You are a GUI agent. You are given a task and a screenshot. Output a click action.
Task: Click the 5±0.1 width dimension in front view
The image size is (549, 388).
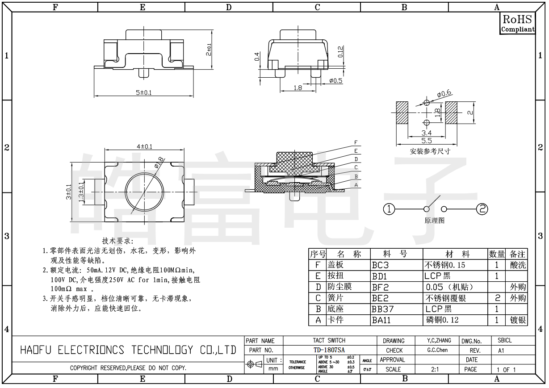[144, 92]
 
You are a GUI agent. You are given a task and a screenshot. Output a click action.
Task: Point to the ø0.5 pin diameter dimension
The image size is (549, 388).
[335, 81]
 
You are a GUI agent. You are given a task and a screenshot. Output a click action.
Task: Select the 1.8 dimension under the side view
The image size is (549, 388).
[298, 88]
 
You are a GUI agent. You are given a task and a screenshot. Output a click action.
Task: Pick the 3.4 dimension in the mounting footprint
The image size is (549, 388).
[427, 133]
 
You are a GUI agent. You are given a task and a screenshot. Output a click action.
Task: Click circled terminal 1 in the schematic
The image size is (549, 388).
[389, 209]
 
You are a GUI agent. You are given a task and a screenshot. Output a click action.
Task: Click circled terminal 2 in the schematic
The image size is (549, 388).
[482, 209]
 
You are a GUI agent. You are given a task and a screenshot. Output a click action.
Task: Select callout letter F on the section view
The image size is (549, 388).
[356, 142]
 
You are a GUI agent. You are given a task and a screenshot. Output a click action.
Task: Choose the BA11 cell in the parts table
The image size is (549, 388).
[381, 320]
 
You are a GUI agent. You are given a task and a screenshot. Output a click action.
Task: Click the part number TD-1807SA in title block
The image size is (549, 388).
[329, 350]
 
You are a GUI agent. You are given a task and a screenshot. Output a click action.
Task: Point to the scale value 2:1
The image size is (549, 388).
[434, 370]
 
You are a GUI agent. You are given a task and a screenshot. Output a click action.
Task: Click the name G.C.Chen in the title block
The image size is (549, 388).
[437, 350]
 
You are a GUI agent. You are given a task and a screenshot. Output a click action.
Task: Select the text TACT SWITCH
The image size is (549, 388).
[329, 341]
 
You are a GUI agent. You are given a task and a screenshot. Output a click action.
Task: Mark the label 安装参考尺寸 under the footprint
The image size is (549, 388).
[430, 151]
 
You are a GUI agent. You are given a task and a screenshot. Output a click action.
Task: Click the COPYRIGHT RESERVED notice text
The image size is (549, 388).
[128, 369]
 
